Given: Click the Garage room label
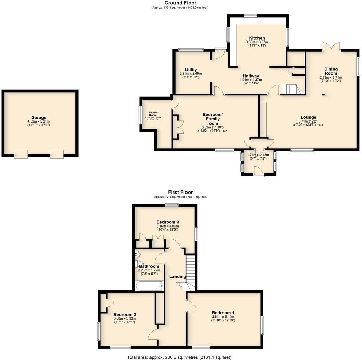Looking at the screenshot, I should pyautogui.click(x=39, y=117).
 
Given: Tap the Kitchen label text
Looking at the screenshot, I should pyautogui.click(x=257, y=38).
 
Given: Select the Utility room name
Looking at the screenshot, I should pyautogui.click(x=191, y=70).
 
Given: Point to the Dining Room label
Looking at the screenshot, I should pyautogui.click(x=331, y=71).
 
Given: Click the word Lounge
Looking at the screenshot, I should pyautogui.click(x=308, y=117).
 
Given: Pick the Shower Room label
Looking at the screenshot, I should pyautogui.click(x=153, y=114).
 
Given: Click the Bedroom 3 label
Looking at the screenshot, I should pyautogui.click(x=168, y=222).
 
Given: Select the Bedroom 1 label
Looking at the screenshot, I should pyautogui.click(x=223, y=313).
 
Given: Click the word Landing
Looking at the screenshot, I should pyautogui.click(x=178, y=277).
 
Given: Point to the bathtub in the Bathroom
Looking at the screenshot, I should pyautogui.click(x=149, y=286).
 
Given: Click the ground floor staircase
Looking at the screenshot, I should pyautogui.click(x=292, y=90).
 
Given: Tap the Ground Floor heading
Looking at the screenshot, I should pyautogui.click(x=180, y=3).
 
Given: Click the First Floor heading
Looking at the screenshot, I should pyautogui.click(x=180, y=192).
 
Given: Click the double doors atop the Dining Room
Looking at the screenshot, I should pyautogui.click(x=331, y=47).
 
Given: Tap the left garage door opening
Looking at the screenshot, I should pyautogui.click(x=21, y=154).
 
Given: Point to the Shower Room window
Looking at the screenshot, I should pyautogui.click(x=140, y=115).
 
